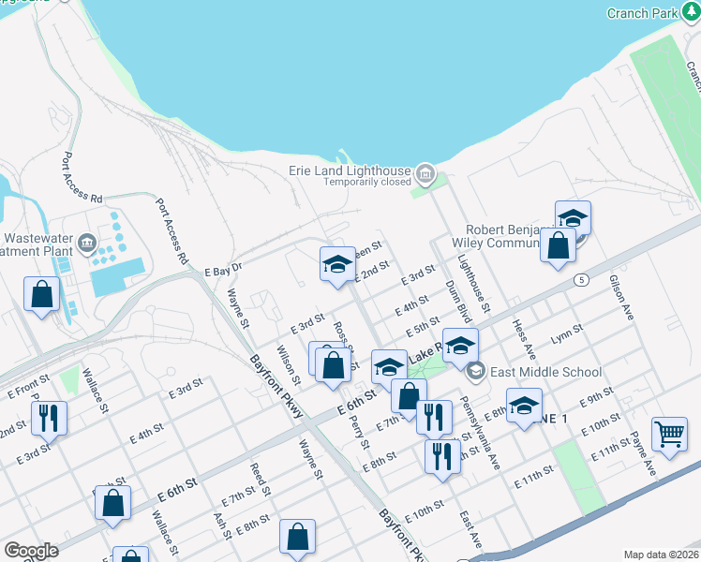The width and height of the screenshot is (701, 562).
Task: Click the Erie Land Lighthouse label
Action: tap(349, 171)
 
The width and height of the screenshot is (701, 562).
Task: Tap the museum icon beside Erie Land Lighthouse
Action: tap(425, 172)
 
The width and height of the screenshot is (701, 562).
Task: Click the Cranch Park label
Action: tap(641, 13)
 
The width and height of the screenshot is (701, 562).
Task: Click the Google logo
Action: tap(32, 551)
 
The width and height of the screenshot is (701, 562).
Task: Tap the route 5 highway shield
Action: tap(582, 279)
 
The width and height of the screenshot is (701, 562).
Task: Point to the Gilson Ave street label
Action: tap(621, 298)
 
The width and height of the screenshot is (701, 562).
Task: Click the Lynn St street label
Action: tap(567, 334)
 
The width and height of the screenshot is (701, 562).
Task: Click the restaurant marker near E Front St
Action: tap(49, 418)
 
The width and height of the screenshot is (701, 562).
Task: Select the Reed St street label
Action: tap(260, 478)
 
